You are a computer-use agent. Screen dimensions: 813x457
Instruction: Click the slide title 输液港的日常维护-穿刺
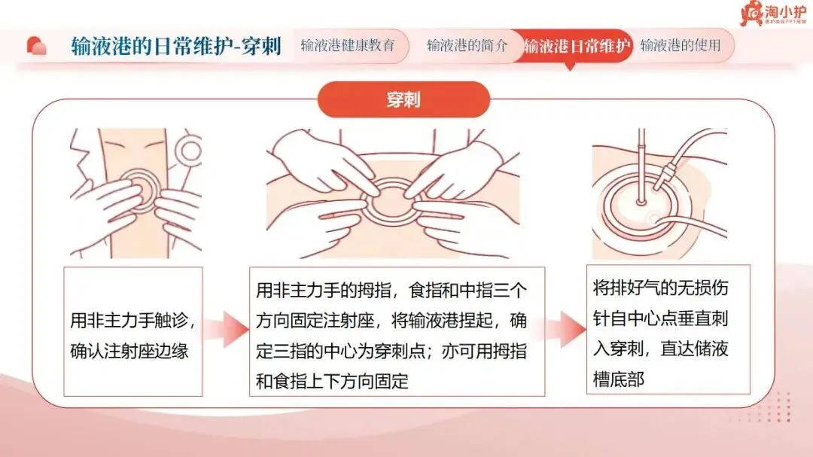tap(176, 46)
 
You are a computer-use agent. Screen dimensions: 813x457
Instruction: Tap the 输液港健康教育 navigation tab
tap(348, 46)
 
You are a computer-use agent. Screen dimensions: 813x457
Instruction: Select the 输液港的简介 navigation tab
tap(467, 46)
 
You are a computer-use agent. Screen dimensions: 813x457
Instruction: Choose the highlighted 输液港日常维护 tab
tap(577, 46)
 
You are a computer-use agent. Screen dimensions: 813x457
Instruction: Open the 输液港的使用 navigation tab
tap(681, 46)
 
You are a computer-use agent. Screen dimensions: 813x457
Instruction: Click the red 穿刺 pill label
tap(403, 99)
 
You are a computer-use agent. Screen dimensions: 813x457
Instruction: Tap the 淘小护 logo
tap(773, 14)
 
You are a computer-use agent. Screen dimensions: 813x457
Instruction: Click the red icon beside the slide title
tap(36, 46)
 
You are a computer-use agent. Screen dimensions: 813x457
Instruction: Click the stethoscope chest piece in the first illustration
tap(189, 151)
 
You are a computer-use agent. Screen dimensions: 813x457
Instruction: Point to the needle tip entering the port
tap(641, 201)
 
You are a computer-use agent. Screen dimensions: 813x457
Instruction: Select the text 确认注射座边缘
tap(129, 351)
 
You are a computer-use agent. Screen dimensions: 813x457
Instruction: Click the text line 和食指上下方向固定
tap(333, 381)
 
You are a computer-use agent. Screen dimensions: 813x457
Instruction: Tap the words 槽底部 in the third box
tap(619, 379)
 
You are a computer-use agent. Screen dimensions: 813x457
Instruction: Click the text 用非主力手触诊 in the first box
tap(129, 321)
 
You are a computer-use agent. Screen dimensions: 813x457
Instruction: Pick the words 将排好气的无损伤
tap(661, 288)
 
